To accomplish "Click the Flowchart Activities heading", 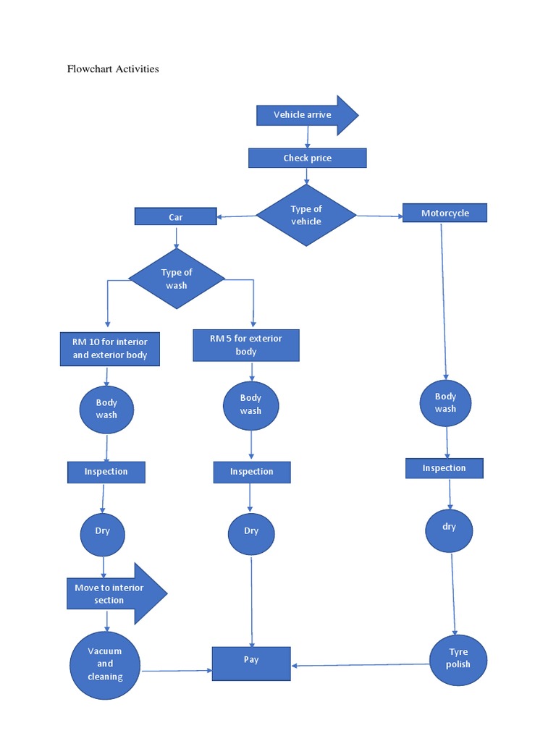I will tap(112, 69).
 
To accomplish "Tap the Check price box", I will tap(307, 158).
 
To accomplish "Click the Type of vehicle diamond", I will tap(306, 215).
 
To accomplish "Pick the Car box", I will tap(175, 216).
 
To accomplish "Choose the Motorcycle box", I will tap(445, 213).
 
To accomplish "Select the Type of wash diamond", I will tap(177, 279).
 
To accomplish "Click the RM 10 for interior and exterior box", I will tap(109, 349).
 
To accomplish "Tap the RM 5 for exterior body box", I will tap(246, 345).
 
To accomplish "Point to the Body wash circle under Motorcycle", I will tap(445, 403).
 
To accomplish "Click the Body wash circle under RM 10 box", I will tap(106, 409).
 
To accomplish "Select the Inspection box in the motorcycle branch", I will tap(444, 468).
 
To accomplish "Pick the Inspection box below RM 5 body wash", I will tap(252, 472).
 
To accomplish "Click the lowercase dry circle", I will tap(449, 530).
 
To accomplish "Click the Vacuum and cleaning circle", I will tap(106, 664).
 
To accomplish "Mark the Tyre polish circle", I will tap(458, 659).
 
